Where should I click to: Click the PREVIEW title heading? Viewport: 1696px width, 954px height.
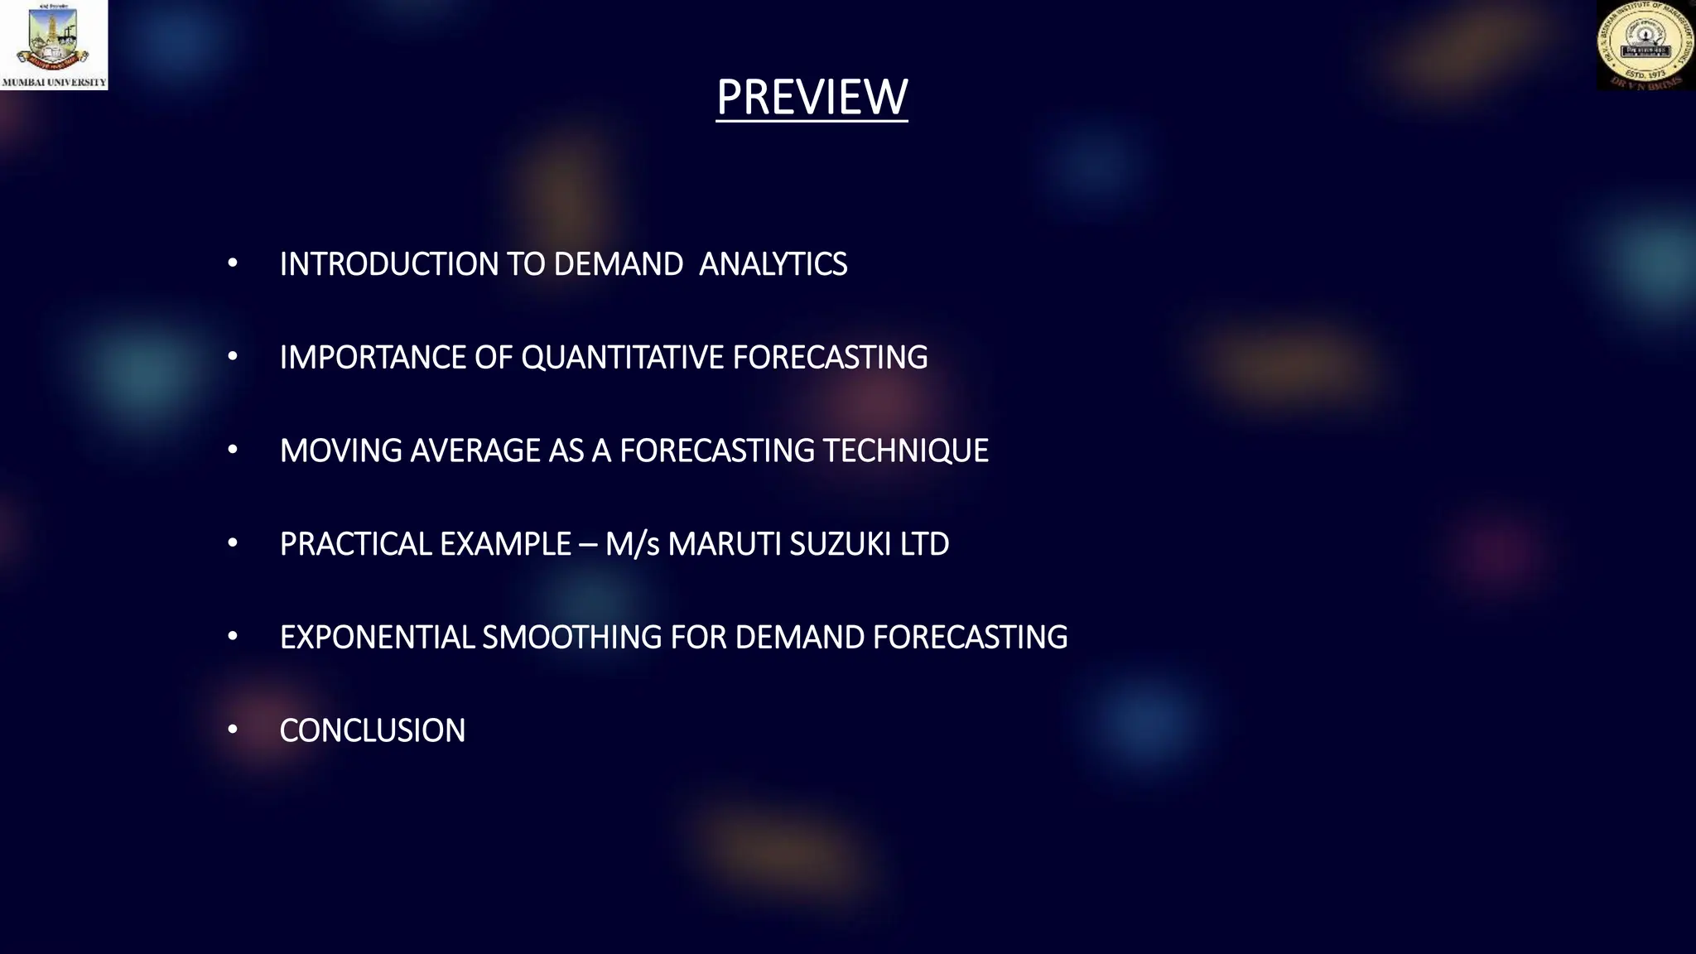coord(812,97)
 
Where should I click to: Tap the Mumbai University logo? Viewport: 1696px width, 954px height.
coord(54,44)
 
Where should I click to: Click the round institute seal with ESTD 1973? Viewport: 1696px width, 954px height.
coord(1645,46)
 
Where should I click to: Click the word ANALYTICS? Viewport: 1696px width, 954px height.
coord(773,264)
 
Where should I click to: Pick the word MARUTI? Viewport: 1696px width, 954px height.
coord(724,544)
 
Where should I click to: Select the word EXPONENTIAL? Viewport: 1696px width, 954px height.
coord(377,638)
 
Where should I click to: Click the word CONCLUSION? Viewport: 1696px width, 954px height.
coord(373,730)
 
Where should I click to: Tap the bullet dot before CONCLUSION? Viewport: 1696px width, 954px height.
coord(233,730)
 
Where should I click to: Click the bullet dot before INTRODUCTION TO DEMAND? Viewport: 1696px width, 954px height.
coord(233,263)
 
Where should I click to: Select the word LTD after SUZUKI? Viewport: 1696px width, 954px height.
coord(924,544)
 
